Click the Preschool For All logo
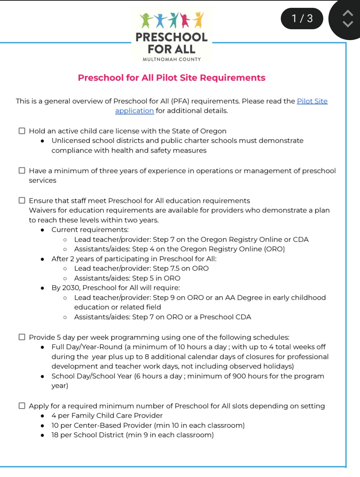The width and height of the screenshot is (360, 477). click(x=171, y=34)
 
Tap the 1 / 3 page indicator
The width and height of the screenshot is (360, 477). click(x=302, y=18)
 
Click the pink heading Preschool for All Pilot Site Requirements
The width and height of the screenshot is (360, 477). click(x=171, y=78)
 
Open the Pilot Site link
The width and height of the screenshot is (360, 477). click(x=312, y=101)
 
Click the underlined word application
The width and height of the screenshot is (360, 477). click(x=134, y=111)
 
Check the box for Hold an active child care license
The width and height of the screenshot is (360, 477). click(x=22, y=131)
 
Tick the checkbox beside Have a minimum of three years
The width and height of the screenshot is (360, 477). click(x=22, y=170)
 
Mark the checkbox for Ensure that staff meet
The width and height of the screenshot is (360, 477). click(x=22, y=200)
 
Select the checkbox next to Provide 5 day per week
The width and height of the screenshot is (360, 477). click(x=22, y=337)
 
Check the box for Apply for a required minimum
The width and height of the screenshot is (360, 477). click(x=22, y=406)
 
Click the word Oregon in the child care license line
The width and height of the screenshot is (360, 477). click(x=213, y=131)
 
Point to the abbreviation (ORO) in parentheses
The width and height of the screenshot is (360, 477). click(x=274, y=249)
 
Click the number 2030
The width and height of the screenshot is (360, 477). click(x=71, y=288)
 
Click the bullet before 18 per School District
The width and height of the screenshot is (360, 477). click(x=42, y=435)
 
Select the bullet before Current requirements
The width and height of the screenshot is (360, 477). click(x=42, y=230)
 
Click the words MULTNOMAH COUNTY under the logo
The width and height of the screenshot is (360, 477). click(x=172, y=59)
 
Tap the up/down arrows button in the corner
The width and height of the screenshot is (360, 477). click(x=347, y=19)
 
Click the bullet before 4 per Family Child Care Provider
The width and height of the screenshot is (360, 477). click(x=42, y=416)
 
